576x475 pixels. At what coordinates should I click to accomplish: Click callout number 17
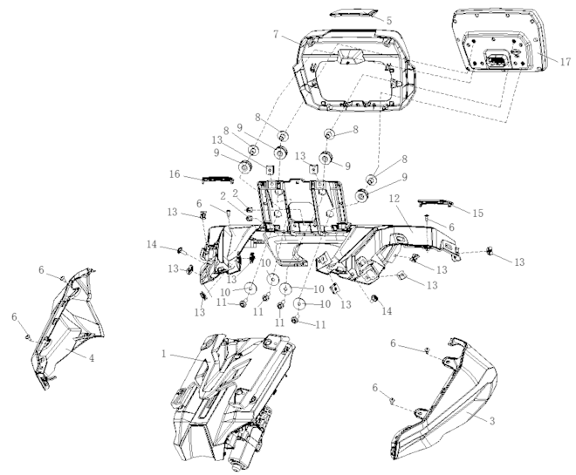coord(566,62)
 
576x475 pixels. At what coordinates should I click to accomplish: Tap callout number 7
coord(276,34)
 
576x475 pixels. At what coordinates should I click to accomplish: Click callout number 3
coord(492,421)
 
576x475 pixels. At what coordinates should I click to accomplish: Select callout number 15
coord(476,212)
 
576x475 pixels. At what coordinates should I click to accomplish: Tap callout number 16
coord(175,174)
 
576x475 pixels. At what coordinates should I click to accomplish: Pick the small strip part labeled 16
coord(215,179)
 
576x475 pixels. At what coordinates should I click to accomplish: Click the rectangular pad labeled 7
coord(352,58)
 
